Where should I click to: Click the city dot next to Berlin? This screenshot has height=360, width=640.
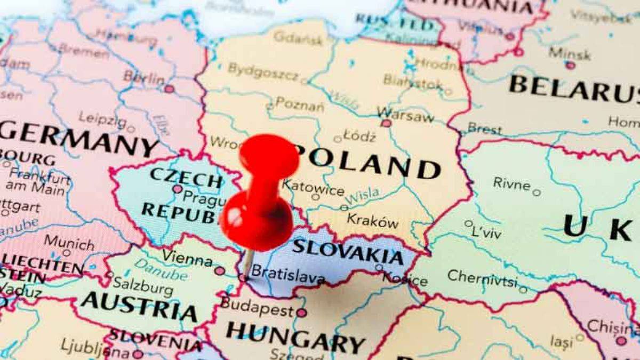pos(169,89)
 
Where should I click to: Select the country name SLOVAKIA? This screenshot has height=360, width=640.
pos(348,252)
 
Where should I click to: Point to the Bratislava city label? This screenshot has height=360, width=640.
pos(287,274)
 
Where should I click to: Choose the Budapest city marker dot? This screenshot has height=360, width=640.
pos(301,313)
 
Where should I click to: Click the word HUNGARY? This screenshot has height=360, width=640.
pos(295,335)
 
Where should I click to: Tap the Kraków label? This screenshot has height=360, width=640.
pos(372,220)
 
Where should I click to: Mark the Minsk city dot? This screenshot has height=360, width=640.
pos(570,66)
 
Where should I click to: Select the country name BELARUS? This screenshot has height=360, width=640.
pos(573,89)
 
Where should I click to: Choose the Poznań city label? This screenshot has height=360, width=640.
pos(299,104)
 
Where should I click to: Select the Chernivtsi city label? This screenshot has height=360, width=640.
pos(482,278)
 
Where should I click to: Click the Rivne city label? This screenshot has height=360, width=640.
pos(511,183)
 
